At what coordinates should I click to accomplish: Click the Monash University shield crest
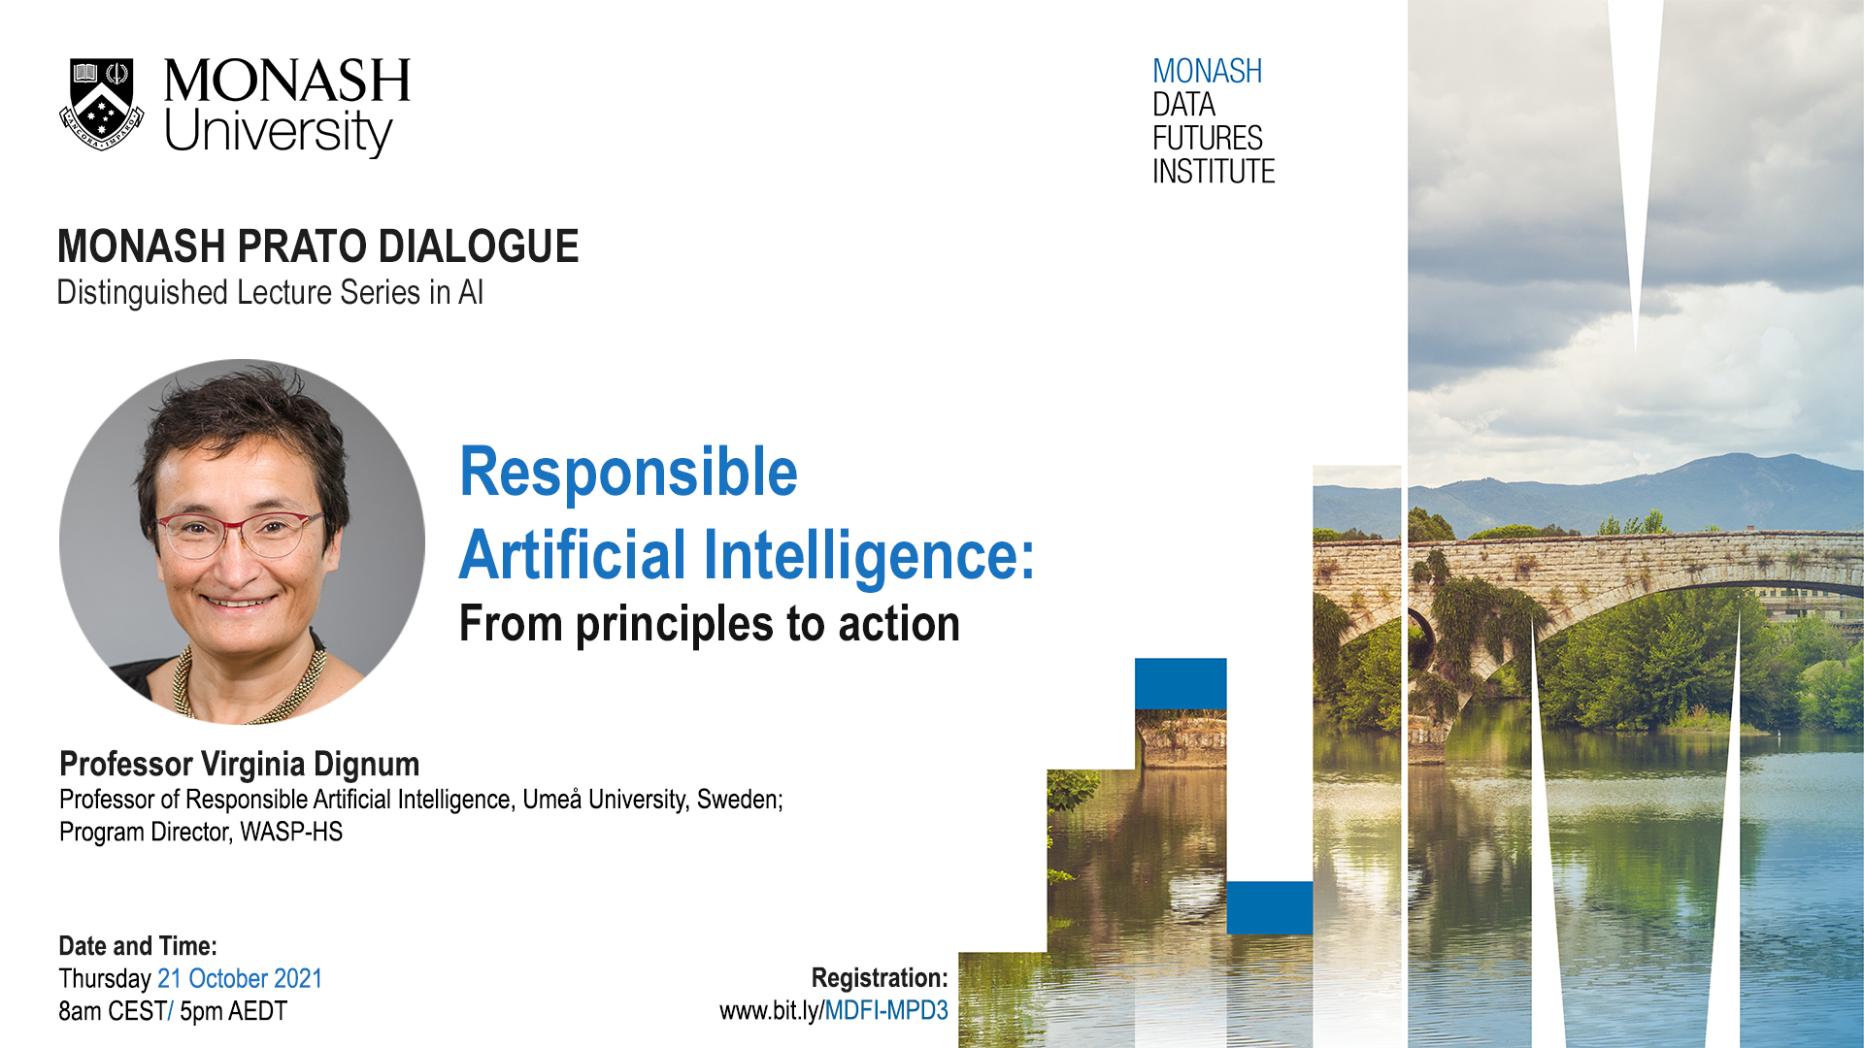pos(102,105)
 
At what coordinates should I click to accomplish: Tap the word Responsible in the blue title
pos(628,473)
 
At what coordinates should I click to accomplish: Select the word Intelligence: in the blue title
pos(869,556)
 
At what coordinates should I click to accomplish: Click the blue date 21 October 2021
pos(240,978)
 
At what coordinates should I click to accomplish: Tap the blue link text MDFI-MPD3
pos(886,1011)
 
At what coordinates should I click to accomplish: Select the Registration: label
pos(880,978)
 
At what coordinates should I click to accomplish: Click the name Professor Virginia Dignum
pos(240,765)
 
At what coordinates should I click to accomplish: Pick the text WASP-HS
pos(291,833)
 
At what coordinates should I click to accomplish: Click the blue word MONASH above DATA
pos(1207,72)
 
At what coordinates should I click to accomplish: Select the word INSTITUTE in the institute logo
pos(1214,172)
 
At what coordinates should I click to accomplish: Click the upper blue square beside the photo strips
pos(1181,684)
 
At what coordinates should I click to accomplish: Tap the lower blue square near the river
pos(1270,908)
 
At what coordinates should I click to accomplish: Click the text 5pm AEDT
pos(233,1011)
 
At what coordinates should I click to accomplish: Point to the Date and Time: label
pos(138,946)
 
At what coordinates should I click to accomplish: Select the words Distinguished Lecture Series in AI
pos(270,293)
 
